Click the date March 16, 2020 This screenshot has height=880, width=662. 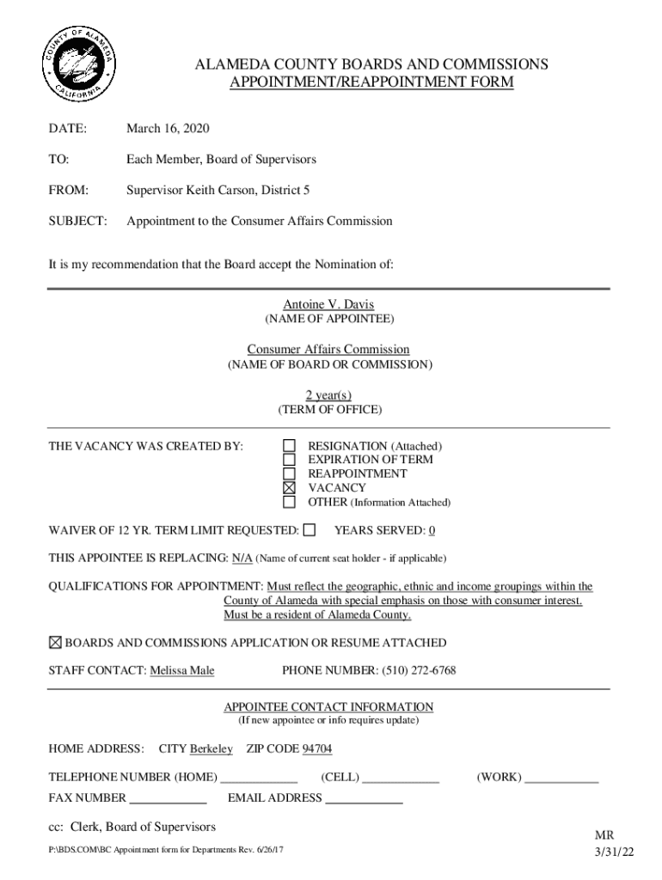tap(168, 129)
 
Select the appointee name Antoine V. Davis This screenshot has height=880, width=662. tap(328, 304)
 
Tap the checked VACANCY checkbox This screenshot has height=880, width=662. tap(290, 487)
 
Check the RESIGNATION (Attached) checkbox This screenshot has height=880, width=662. tap(290, 446)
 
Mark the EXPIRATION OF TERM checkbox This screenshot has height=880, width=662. tap(290, 460)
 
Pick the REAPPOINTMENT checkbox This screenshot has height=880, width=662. tap(290, 474)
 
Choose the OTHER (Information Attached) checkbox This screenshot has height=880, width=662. tap(290, 502)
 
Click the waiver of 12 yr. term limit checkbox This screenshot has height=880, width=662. tap(310, 529)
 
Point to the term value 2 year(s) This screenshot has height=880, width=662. tap(328, 394)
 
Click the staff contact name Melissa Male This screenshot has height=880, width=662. tap(182, 670)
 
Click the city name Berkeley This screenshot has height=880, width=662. tap(211, 749)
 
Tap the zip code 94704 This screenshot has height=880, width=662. tap(317, 749)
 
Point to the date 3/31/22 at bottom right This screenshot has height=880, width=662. tap(614, 852)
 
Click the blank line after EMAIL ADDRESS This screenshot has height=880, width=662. tap(364, 799)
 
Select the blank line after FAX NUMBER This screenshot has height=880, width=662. tap(168, 799)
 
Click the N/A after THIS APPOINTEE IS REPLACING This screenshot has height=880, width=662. tap(242, 558)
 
